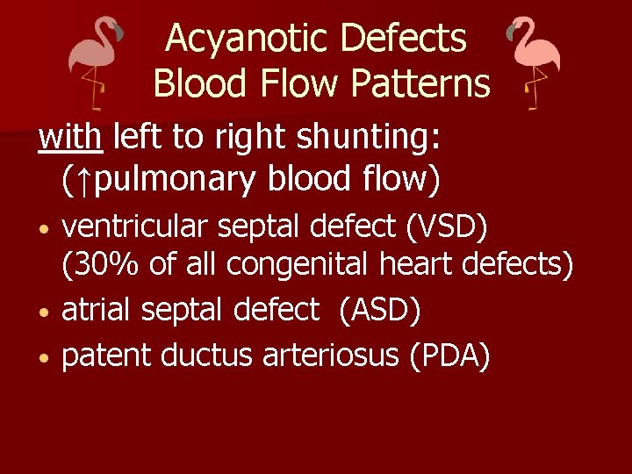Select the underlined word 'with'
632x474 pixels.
[71, 137]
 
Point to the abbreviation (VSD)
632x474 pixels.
[447, 226]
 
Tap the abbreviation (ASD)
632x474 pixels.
[380, 309]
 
